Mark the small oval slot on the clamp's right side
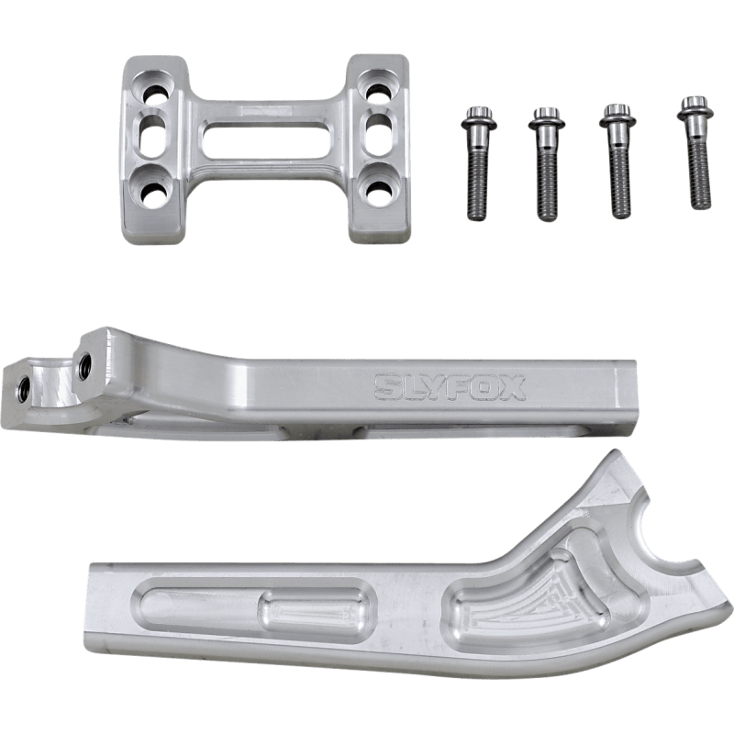pos(376,139)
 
